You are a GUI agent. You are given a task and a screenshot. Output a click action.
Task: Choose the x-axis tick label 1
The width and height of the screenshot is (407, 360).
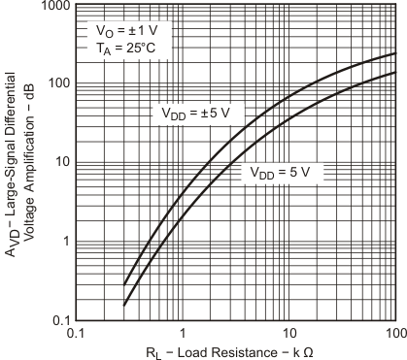(x=184, y=333)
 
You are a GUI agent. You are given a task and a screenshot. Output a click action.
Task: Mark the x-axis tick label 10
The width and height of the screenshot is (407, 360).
(x=289, y=333)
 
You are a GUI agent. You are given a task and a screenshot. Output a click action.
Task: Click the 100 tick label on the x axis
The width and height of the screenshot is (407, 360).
(x=394, y=333)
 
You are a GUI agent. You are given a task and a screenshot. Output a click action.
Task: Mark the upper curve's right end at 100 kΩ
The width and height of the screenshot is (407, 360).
(x=395, y=52)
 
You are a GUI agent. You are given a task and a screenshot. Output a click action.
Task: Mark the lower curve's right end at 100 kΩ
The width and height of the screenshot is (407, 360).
(x=395, y=72)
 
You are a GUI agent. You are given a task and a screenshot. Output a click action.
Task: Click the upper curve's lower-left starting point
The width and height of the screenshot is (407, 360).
(x=124, y=284)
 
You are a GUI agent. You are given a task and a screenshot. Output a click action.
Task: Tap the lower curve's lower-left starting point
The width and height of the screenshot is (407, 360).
(x=124, y=305)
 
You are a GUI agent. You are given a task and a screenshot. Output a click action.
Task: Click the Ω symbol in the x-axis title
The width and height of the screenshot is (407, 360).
(x=309, y=351)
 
